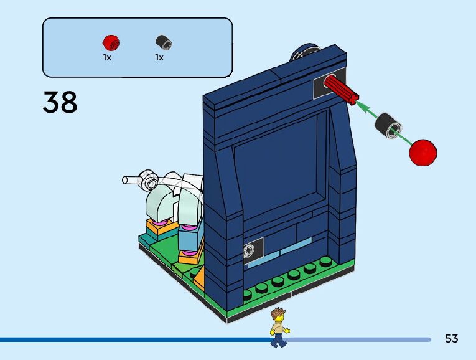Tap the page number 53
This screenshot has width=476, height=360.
coord(451,339)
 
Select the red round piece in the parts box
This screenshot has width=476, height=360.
coord(111,42)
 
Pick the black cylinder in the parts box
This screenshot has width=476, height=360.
coord(164,42)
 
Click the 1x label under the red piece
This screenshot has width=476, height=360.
coord(107,57)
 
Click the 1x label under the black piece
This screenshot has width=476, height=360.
coord(159,57)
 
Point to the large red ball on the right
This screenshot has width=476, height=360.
coord(423,153)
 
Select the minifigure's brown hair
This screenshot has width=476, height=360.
coord(278,312)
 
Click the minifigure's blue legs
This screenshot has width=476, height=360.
coord(279,339)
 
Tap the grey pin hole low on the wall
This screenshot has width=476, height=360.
coord(248,252)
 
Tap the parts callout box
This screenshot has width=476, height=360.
coord(137,47)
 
